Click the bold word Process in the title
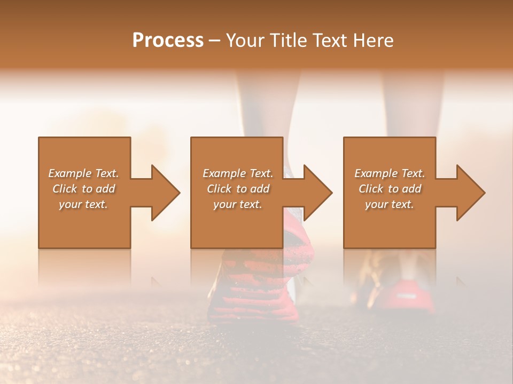(168, 41)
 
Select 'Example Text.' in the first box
(83, 173)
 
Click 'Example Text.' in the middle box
(238, 173)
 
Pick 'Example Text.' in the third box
(390, 173)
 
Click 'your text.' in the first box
(83, 204)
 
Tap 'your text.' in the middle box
(238, 204)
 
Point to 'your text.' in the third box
(390, 204)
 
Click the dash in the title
(214, 41)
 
